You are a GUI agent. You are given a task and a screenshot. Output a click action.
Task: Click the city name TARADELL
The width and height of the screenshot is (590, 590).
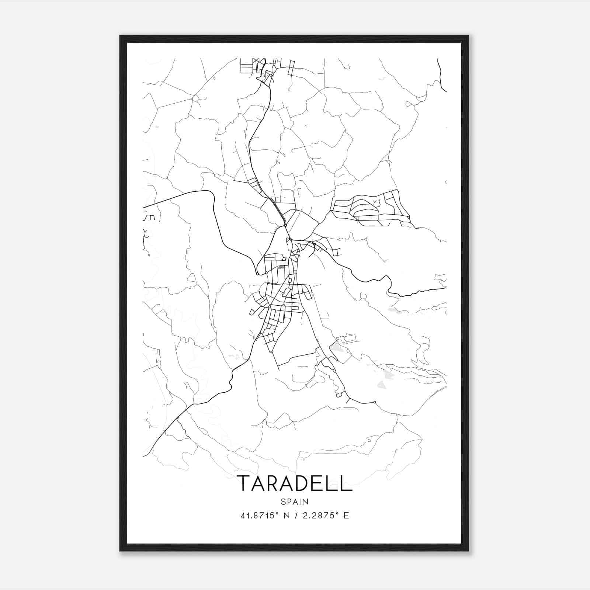294,483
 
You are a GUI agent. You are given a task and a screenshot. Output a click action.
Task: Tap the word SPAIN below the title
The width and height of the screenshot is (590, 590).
294,502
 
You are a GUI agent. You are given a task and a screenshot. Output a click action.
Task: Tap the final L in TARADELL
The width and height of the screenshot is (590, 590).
346,483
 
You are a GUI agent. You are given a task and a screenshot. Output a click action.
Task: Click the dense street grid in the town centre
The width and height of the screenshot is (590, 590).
282,291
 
